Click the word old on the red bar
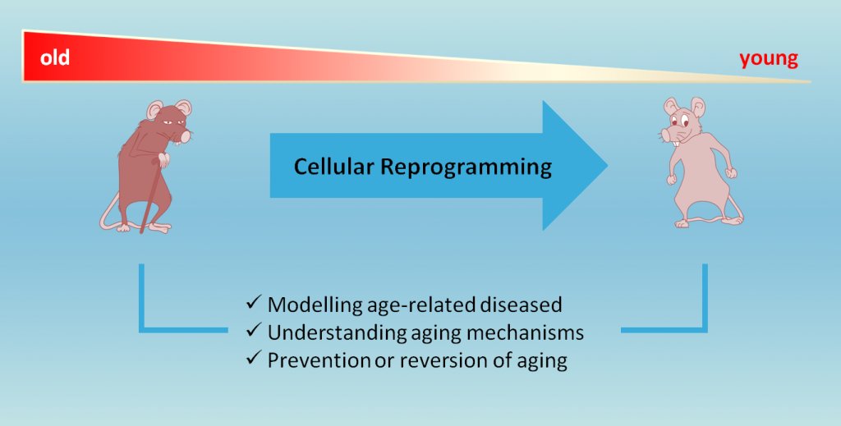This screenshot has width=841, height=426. tap(55, 57)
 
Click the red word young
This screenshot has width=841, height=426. tap(769, 58)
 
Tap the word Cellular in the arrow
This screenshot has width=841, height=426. tap(334, 167)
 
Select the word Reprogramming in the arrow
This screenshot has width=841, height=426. tap(466, 168)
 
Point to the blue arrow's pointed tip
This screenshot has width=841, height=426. tap(607, 166)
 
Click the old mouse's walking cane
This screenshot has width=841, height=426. tap(151, 195)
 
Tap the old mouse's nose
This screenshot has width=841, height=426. tap(186, 138)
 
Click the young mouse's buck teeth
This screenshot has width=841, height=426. tap(677, 143)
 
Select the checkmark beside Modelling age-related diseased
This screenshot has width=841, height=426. tap(253, 302)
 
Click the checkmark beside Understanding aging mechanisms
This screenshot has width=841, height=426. tap(253, 330)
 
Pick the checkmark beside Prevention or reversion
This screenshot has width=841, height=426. tap(253, 358)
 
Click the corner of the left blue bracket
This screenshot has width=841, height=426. tap(142, 329)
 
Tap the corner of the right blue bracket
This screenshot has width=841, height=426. tap(704, 329)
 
